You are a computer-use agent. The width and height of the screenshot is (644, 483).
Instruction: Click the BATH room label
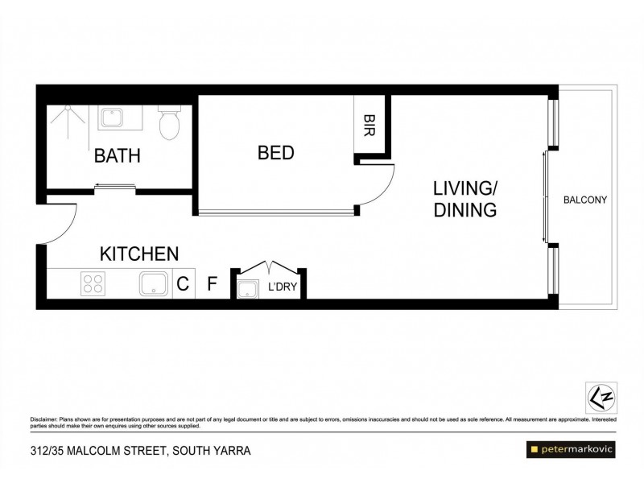tap(118, 155)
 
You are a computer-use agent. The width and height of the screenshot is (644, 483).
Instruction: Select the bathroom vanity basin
tap(111, 118)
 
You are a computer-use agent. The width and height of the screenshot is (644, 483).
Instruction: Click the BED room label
tap(275, 152)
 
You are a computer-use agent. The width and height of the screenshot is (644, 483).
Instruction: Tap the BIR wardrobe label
tap(369, 125)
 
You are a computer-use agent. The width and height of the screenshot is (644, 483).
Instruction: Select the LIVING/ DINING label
tap(464, 200)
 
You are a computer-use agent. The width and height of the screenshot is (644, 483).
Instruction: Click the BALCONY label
tap(584, 200)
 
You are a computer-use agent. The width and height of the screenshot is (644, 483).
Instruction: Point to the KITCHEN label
tap(138, 254)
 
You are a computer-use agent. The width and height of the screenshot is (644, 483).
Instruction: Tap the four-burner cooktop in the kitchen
tap(93, 283)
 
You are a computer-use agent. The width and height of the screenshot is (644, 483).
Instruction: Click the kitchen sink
tap(153, 284)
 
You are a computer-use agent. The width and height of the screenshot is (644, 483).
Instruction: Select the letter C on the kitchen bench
tap(183, 284)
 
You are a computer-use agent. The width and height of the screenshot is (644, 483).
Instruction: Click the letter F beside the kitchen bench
tap(213, 284)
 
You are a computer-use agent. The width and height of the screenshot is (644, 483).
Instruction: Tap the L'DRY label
tap(281, 286)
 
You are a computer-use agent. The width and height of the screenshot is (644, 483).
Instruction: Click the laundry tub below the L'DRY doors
tap(246, 288)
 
